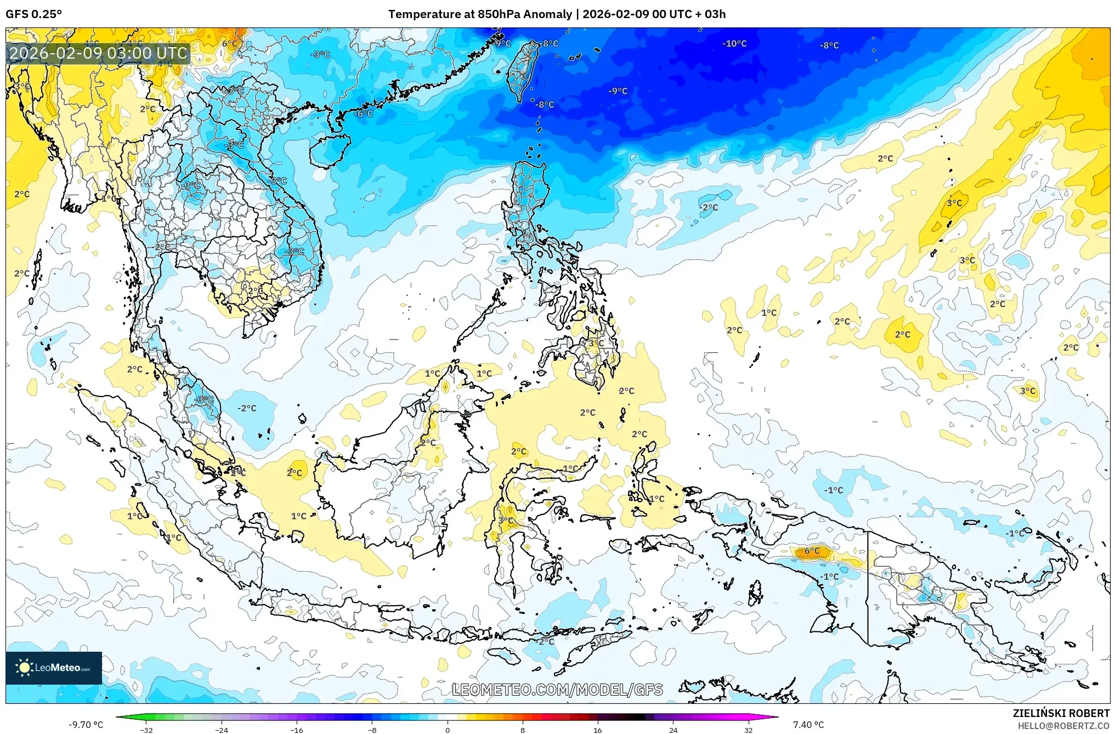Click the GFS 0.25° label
[33, 14]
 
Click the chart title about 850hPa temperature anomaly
[557, 14]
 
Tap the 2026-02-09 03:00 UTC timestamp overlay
[99, 53]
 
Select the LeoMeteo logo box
[54, 668]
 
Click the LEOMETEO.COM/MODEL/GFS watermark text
[557, 690]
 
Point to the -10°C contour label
[734, 43]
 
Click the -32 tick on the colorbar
[146, 730]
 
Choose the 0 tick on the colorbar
[448, 730]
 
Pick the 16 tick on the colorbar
[598, 730]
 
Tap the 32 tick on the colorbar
[748, 730]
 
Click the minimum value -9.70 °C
[86, 725]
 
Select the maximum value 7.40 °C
[808, 725]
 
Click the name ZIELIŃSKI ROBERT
[1061, 713]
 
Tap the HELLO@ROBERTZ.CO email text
[1063, 726]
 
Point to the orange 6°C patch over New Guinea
[812, 552]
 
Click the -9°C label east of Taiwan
[618, 91]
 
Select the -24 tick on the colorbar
[222, 730]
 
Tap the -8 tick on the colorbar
[372, 730]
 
